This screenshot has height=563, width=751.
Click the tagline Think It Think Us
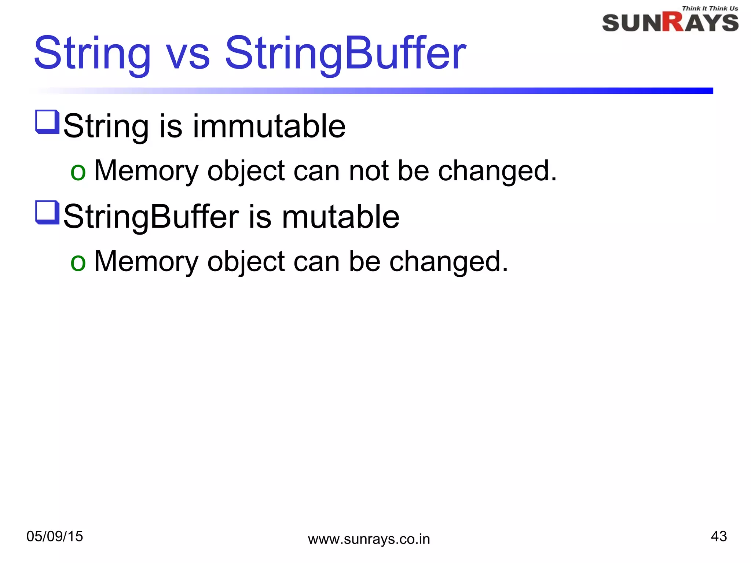click(x=710, y=8)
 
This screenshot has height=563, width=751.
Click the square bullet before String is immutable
click(x=47, y=122)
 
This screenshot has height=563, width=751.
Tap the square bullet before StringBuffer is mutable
click(x=47, y=213)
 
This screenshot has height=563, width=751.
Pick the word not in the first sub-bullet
click(x=369, y=171)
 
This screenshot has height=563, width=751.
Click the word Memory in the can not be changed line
click(x=146, y=171)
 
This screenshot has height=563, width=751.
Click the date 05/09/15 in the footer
click(x=55, y=536)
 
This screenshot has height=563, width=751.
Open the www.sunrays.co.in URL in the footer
click(x=369, y=539)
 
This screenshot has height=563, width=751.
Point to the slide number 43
click(x=718, y=536)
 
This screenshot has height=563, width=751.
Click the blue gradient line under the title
click(x=403, y=91)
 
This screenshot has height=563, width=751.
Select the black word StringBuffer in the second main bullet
click(x=151, y=217)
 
